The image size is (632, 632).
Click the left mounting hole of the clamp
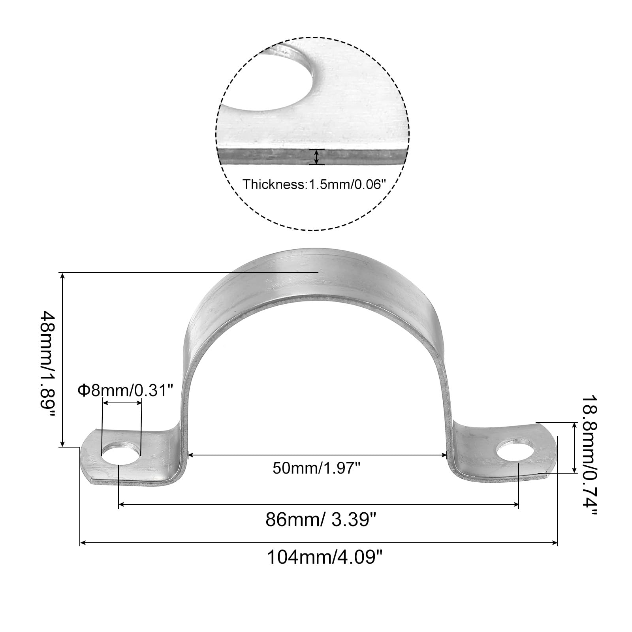(x=121, y=455)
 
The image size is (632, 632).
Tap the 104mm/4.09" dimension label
(x=325, y=557)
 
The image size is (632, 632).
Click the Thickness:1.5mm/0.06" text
(x=314, y=184)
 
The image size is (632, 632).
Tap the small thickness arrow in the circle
(x=316, y=157)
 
